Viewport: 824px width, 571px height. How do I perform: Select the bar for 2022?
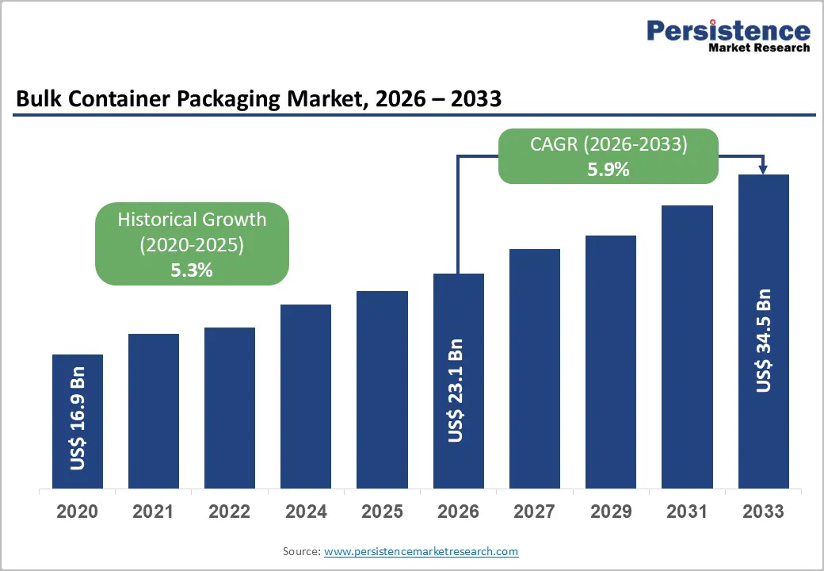click(230, 408)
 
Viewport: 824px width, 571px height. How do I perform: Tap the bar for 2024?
click(306, 397)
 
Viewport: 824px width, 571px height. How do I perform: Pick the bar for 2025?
click(382, 389)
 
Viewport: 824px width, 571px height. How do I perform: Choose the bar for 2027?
click(535, 369)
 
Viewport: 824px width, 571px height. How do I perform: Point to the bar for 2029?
click(611, 362)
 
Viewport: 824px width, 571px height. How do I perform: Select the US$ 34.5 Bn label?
click(764, 340)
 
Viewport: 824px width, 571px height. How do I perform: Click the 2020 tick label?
click(78, 512)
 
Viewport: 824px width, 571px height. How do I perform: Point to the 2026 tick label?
click(459, 512)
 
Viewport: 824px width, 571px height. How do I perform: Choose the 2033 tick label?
click(764, 512)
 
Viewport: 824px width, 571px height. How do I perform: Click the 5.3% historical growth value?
click(192, 270)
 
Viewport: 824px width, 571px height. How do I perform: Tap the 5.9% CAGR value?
click(608, 168)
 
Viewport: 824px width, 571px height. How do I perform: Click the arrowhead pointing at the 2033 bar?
click(764, 169)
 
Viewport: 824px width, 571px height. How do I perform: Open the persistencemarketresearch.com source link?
click(422, 551)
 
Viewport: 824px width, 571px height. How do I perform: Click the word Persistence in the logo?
click(729, 32)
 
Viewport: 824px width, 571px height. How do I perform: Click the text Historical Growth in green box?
click(192, 220)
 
